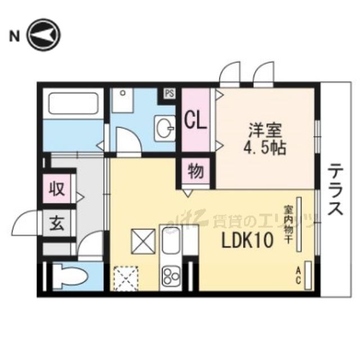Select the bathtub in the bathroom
(x=73, y=103)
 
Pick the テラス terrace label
(x=336, y=190)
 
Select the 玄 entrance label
(x=58, y=223)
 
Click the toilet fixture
(x=69, y=277)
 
